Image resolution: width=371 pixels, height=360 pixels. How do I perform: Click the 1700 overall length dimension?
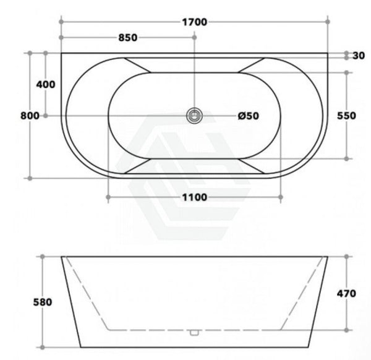[x=195, y=22]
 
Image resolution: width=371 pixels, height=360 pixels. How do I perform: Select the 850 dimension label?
[x=128, y=38]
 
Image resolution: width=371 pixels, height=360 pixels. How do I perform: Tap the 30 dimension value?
[x=359, y=56]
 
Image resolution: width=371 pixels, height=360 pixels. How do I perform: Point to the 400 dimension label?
[x=46, y=84]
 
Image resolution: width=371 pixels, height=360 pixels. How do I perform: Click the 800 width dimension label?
[x=30, y=116]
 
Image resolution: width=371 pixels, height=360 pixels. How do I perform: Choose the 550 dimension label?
[x=346, y=116]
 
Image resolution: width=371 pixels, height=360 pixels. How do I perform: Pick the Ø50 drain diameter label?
[x=249, y=116]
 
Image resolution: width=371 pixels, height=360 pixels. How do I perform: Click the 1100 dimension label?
[x=195, y=197]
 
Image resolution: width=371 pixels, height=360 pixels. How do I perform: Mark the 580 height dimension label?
[x=43, y=302]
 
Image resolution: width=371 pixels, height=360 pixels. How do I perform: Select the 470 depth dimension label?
[x=346, y=293]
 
